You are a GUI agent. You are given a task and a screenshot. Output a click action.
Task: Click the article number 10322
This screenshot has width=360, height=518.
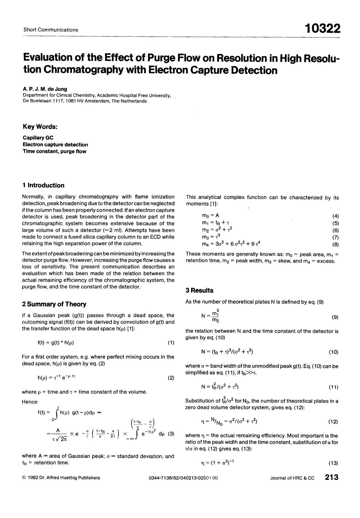click(322, 29)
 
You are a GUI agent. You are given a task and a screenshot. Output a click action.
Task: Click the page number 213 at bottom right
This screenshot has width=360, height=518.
click(331, 477)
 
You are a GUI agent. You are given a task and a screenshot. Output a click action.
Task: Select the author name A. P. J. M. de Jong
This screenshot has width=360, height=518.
click(45, 89)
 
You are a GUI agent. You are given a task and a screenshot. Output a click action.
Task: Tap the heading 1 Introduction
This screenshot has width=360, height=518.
click(43, 185)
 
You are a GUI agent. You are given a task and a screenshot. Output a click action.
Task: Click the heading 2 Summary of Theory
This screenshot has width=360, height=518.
click(54, 304)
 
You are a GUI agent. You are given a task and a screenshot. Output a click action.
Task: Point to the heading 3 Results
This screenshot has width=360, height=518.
click(199, 290)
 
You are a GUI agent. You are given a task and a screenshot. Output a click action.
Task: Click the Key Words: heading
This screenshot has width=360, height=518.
click(40, 127)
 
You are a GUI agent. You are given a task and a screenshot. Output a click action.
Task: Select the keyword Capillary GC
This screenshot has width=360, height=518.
click(38, 138)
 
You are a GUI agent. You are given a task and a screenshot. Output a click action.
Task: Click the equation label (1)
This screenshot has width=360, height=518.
click(171, 342)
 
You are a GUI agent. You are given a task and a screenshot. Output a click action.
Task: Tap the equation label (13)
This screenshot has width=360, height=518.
click(333, 463)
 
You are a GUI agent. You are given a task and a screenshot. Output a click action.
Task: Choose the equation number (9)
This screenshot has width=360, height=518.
click(335, 317)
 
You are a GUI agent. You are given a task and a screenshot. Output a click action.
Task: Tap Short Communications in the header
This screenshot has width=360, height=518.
click(51, 30)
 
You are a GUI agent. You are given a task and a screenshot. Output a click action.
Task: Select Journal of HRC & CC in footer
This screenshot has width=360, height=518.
click(292, 478)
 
